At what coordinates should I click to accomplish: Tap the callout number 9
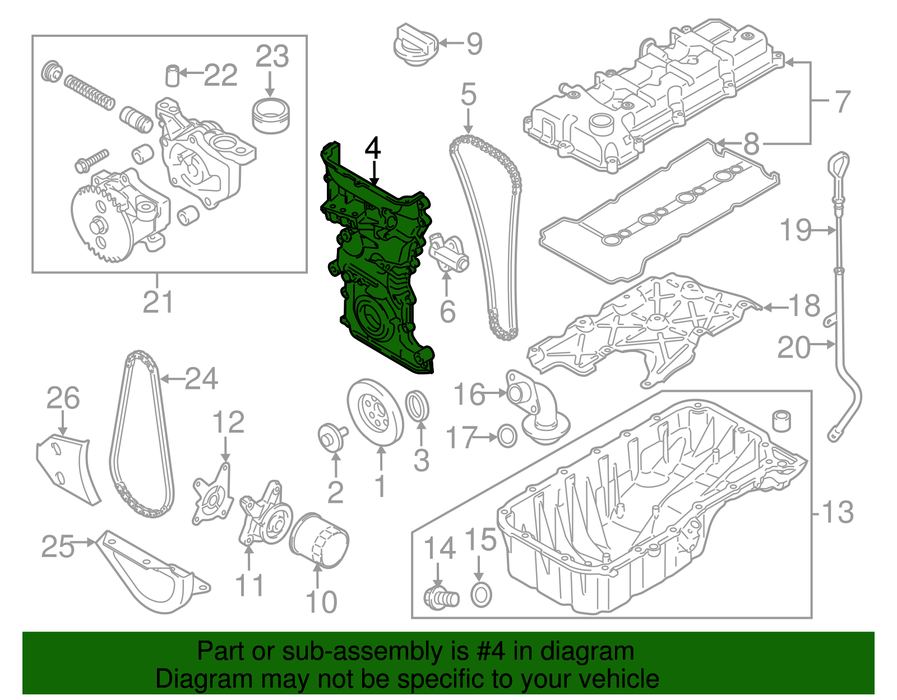(474, 43)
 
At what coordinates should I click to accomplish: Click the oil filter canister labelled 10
(318, 541)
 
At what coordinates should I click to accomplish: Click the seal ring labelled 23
(271, 116)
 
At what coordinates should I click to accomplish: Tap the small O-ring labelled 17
(507, 435)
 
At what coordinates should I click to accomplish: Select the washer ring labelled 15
(481, 595)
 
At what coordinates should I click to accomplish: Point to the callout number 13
(837, 512)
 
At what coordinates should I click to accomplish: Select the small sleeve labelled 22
(173, 76)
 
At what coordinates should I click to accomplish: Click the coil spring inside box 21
(89, 92)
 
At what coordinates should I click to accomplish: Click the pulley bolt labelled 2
(331, 437)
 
